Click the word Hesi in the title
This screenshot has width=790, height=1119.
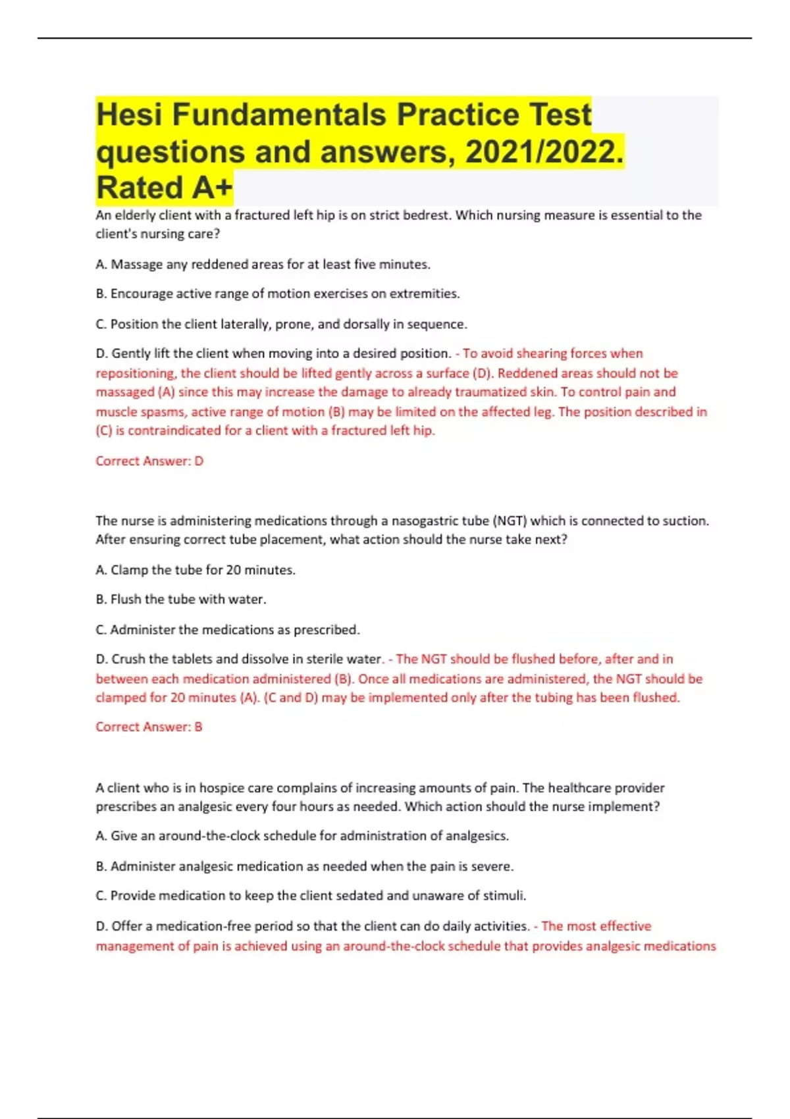coord(129,115)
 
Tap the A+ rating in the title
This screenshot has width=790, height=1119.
coord(213,188)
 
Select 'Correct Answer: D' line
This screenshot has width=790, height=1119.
coord(149,461)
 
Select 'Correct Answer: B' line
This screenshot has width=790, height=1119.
coord(149,727)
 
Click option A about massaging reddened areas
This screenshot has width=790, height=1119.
coord(263,264)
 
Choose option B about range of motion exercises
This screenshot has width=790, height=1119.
coord(277,294)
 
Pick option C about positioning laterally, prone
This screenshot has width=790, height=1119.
coord(281,324)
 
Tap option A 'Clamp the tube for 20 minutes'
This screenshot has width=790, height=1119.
coord(196,570)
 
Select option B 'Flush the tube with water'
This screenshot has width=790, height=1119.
coord(181,600)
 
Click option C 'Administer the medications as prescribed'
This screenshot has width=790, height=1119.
coord(228,630)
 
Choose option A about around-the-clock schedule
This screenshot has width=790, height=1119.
coord(302,836)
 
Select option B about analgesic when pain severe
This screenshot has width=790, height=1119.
coord(304,866)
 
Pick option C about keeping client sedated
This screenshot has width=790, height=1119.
coord(311,896)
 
